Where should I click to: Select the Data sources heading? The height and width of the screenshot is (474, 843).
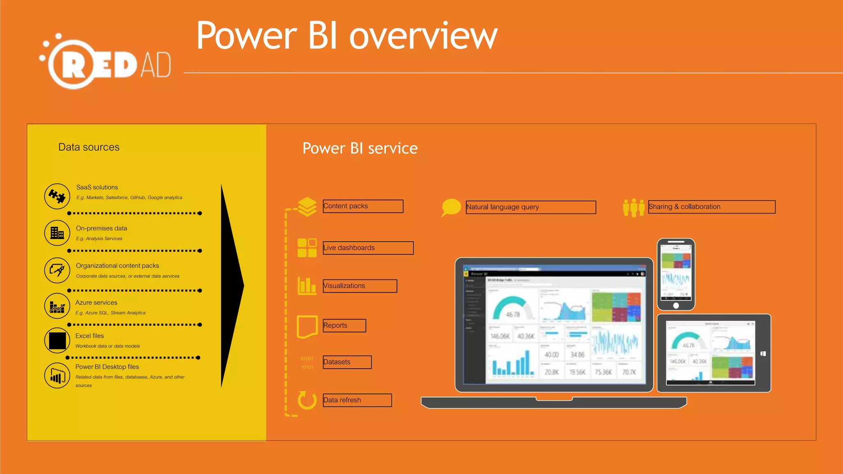point(89,147)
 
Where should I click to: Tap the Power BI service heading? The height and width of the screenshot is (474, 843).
point(360,148)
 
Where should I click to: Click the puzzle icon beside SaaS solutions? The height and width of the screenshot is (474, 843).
point(57,196)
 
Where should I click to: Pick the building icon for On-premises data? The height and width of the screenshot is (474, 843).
point(57,233)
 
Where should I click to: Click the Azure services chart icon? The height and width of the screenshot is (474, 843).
point(57,307)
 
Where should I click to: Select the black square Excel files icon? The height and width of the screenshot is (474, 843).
point(57,341)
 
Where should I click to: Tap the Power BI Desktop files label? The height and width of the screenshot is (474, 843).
point(107,367)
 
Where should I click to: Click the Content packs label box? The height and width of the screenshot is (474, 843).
point(363,206)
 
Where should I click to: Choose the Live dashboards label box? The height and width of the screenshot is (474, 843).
point(368,248)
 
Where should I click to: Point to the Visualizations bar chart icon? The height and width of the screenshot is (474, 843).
point(307,286)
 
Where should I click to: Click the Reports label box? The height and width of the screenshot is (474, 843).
point(344,325)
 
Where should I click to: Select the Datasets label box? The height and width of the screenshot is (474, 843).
point(347,362)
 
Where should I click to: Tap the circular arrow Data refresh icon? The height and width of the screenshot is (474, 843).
point(307,400)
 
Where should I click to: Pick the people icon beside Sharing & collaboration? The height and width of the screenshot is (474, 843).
point(633,207)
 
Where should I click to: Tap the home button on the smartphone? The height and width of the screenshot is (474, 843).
point(676,305)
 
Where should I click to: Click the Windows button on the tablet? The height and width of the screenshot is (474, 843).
point(763,353)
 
